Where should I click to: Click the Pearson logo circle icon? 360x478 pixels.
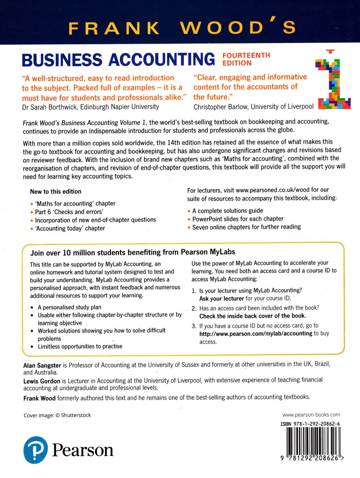(x=35, y=450)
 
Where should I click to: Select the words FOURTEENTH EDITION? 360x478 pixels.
(x=246, y=59)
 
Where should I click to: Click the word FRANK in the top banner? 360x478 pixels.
(x=113, y=28)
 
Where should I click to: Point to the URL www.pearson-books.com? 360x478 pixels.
(x=311, y=415)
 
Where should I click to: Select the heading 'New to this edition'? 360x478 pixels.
(x=56, y=192)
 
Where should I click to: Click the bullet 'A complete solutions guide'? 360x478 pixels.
(x=228, y=211)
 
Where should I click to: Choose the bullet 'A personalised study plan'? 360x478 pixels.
(x=69, y=307)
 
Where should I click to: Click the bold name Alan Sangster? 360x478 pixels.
(x=42, y=365)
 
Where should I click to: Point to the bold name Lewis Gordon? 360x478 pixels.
(x=42, y=381)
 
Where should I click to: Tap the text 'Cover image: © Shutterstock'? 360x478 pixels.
(x=57, y=415)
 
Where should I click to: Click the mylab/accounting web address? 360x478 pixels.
(x=256, y=334)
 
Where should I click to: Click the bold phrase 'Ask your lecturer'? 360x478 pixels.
(x=221, y=299)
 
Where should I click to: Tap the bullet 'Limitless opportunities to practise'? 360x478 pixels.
(x=80, y=347)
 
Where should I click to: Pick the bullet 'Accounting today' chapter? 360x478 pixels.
(x=70, y=228)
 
